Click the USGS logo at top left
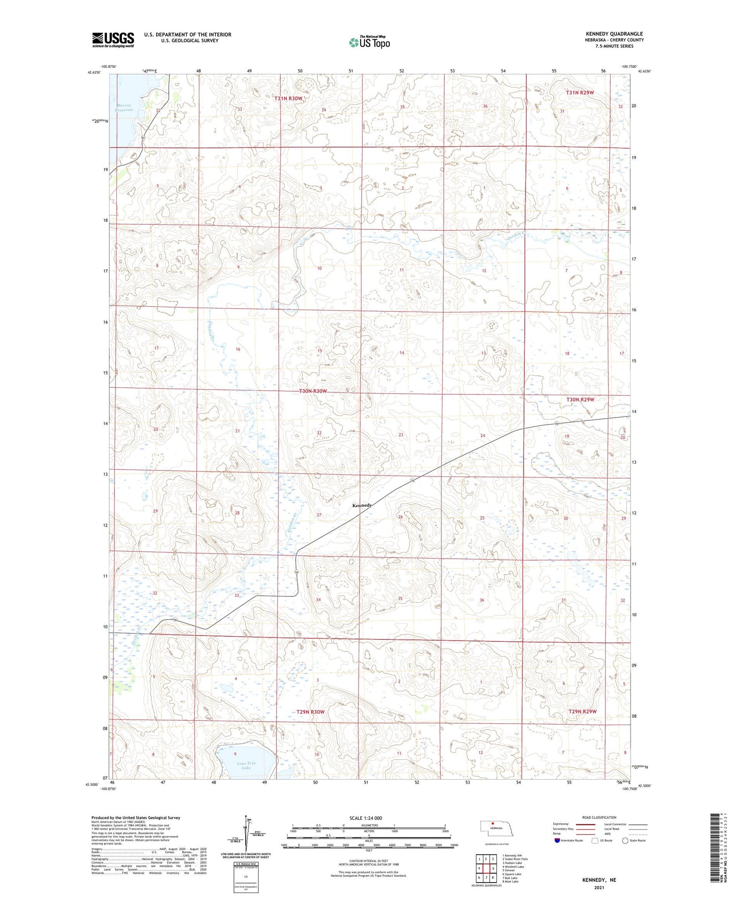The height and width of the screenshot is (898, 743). (113, 40)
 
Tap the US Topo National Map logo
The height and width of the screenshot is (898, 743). (370, 42)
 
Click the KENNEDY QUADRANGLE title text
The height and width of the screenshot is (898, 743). (614, 34)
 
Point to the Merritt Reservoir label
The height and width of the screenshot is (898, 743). (124, 107)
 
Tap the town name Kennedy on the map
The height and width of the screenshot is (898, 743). (362, 505)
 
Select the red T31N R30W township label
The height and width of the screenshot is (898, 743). (288, 99)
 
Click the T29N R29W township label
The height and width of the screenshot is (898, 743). (583, 711)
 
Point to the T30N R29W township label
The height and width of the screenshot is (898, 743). (580, 399)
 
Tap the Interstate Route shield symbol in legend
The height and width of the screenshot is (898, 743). (557, 840)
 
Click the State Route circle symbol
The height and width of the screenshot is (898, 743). (625, 840)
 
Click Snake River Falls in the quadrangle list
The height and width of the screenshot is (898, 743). (515, 859)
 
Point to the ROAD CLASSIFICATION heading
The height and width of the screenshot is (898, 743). (599, 817)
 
